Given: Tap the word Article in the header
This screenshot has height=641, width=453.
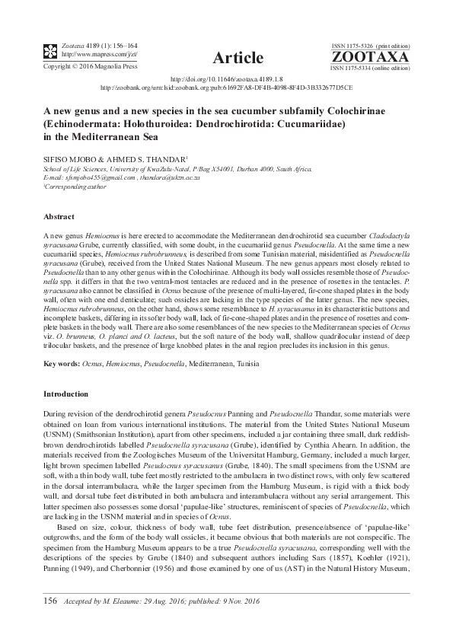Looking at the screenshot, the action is (x=238, y=58).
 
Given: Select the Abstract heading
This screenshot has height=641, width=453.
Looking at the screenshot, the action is (x=59, y=216).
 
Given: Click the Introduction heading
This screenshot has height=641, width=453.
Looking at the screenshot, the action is (x=67, y=394).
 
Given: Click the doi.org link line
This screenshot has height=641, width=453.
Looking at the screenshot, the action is (x=226, y=78).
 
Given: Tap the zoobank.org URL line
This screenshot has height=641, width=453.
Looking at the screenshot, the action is (x=226, y=87).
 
